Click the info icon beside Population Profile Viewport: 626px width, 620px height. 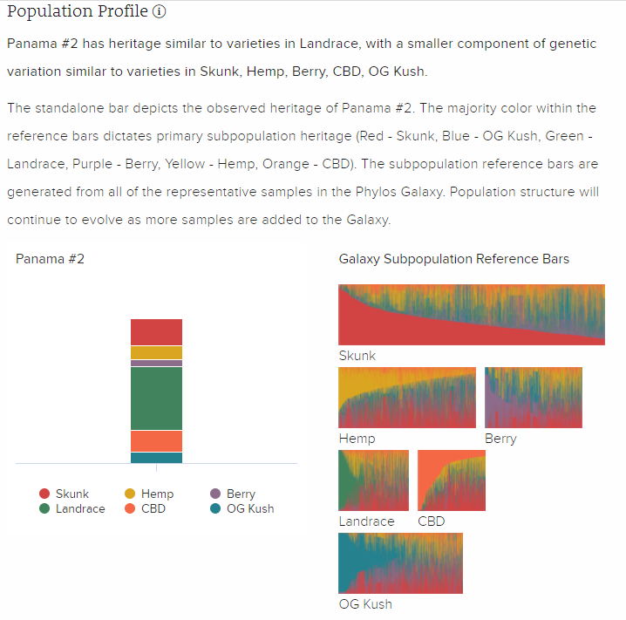[159, 13]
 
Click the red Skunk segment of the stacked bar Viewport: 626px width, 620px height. [156, 332]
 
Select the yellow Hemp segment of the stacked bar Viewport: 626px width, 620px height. [156, 352]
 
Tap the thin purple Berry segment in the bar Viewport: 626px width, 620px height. [156, 363]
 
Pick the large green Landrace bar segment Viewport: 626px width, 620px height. [156, 399]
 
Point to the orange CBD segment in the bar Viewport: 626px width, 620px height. [156, 441]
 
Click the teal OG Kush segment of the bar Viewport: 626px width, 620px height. [156, 458]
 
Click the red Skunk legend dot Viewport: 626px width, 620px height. [44, 494]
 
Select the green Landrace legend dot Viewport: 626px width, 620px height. [44, 509]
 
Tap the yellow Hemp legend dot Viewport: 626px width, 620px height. [130, 494]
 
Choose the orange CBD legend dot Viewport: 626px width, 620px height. [130, 509]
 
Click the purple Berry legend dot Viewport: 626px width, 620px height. [214, 494]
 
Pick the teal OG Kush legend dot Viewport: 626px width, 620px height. [214, 509]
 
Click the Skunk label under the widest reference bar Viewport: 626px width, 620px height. [357, 356]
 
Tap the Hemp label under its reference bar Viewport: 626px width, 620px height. [357, 439]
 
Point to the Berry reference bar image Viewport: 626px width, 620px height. [533, 398]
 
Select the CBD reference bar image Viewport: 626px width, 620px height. [452, 480]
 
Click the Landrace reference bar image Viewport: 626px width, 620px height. [373, 480]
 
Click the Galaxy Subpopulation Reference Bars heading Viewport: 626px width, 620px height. [453, 259]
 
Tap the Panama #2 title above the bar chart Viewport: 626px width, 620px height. [50, 259]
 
